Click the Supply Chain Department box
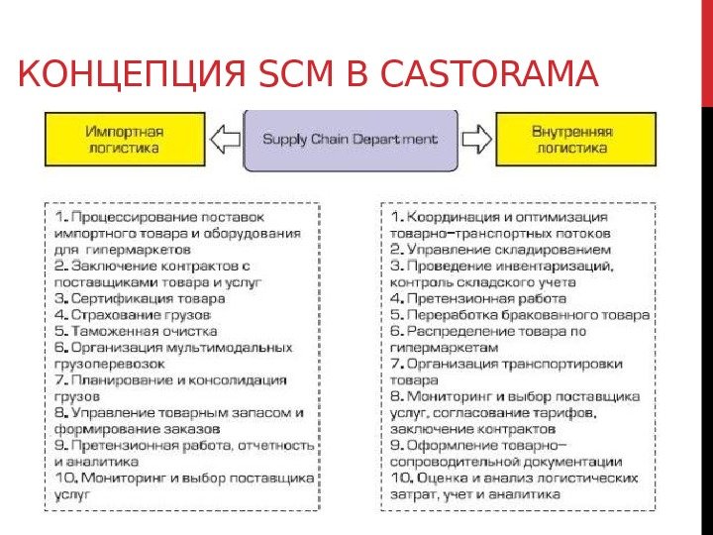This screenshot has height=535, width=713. [x=350, y=139]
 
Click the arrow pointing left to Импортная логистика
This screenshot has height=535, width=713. [x=229, y=139]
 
